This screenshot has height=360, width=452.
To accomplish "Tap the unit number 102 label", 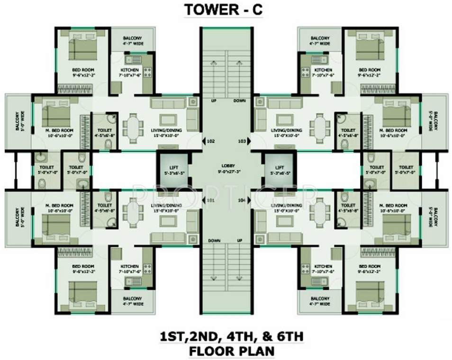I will coord(210,141).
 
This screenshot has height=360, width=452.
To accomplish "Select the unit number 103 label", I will coord(243,141).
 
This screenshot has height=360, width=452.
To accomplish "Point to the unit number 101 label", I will coord(210,201).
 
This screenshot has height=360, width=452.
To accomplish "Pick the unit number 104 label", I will coord(243,201).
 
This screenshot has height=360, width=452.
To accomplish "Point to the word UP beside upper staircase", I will coord(214,101).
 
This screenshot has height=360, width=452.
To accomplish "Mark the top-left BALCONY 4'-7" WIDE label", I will coord(132,41).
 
